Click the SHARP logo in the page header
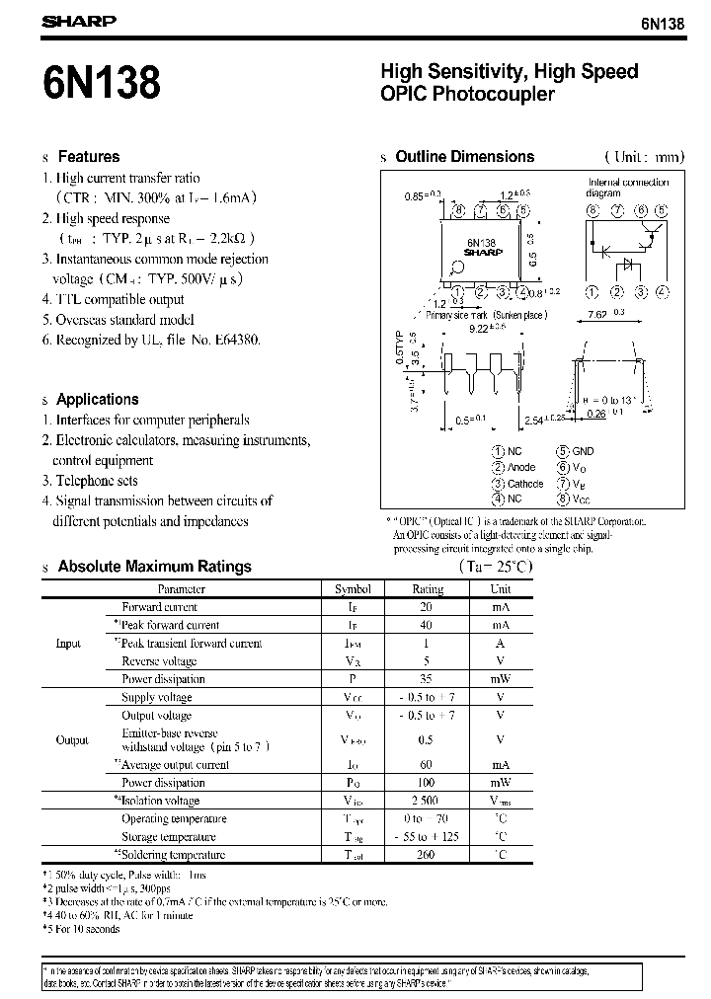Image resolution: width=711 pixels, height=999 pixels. click(78, 20)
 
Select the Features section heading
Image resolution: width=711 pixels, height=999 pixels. click(88, 157)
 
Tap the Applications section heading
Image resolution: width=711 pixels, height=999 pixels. click(97, 400)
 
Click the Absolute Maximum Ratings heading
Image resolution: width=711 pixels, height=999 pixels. click(154, 567)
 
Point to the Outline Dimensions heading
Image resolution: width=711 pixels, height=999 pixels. click(464, 157)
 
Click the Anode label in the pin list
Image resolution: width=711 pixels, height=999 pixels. click(520, 467)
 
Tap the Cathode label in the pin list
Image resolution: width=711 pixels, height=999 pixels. click(524, 484)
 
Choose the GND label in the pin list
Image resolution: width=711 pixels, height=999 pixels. click(583, 451)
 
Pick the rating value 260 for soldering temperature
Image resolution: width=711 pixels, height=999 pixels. click(427, 855)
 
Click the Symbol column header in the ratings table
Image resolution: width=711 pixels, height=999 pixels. click(353, 589)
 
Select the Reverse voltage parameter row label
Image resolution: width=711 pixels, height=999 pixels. click(159, 661)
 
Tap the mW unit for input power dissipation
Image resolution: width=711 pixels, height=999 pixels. click(501, 679)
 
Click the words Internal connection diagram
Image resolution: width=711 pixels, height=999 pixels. click(628, 188)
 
